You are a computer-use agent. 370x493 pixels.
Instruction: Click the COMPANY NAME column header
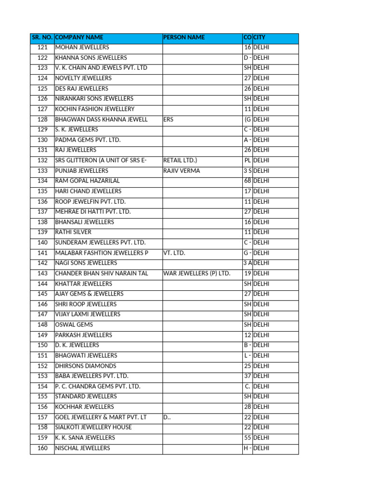click(x=79, y=38)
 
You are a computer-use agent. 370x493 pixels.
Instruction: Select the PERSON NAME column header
click(x=184, y=38)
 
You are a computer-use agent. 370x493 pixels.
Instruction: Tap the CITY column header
click(x=260, y=38)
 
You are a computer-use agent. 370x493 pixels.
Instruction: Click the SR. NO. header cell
click(x=42, y=38)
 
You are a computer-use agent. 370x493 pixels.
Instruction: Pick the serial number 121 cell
click(x=42, y=48)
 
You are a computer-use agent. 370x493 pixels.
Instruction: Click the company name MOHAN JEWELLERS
click(x=82, y=48)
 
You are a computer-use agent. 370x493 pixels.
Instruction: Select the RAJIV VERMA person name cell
click(x=182, y=171)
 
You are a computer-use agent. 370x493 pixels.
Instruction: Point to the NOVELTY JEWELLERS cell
click(x=83, y=78)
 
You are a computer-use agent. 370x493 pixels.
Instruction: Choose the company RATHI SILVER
click(x=73, y=233)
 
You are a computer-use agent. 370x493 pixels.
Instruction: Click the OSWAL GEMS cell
click(x=74, y=325)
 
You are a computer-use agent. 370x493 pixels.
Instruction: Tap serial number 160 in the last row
click(x=42, y=448)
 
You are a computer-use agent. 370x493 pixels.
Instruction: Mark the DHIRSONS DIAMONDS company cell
click(x=86, y=366)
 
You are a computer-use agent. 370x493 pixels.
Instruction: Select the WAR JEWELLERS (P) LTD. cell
click(x=197, y=273)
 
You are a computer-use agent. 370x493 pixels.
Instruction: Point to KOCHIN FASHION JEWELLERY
click(x=95, y=109)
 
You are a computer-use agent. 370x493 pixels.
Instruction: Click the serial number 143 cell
click(x=42, y=273)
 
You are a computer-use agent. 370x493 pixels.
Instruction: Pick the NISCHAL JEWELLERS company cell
click(x=83, y=448)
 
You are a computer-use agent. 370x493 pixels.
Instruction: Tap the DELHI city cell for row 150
click(x=262, y=345)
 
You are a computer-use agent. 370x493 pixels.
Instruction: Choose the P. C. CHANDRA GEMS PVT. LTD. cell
click(x=98, y=387)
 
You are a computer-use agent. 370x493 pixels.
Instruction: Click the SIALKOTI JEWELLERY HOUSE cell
click(x=93, y=428)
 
